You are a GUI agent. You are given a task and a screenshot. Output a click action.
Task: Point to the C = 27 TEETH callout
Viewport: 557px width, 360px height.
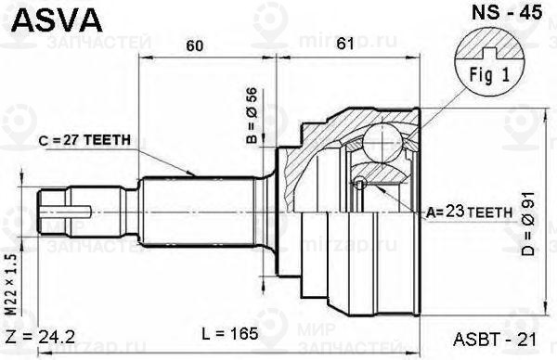pyautogui.click(x=84, y=140)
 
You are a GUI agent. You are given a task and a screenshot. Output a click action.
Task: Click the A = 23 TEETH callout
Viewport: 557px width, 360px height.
pyautogui.click(x=469, y=212)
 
